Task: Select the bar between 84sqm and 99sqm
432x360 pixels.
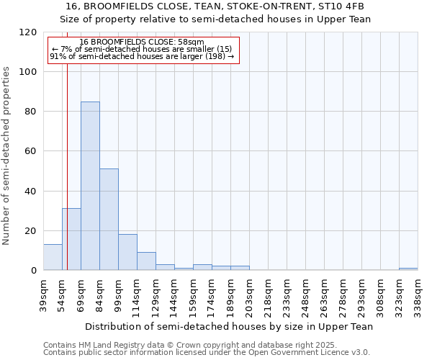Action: [x=109, y=220]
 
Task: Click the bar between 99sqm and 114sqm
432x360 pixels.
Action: [x=127, y=252]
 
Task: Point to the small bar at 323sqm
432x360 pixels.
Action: [x=408, y=269]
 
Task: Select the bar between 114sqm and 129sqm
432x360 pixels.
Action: [x=146, y=261]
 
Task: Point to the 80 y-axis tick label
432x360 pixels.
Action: [x=31, y=112]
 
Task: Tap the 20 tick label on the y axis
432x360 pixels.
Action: [x=31, y=231]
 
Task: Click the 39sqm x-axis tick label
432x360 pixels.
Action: [x=43, y=294]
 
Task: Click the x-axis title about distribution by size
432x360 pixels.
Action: [x=229, y=326]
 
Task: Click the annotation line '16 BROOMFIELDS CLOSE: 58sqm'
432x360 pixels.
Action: [x=142, y=42]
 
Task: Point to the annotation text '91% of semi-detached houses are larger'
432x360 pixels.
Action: [x=142, y=56]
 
